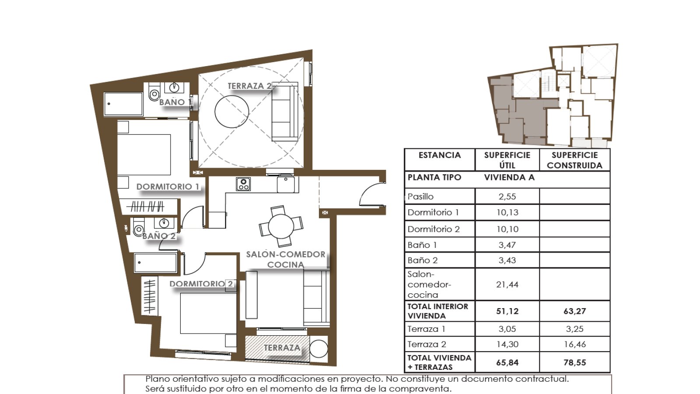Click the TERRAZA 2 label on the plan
[x=250, y=86]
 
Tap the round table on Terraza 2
[x=232, y=111]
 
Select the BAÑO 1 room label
[x=175, y=102]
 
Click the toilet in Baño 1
[x=154, y=91]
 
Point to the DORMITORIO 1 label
[x=168, y=186]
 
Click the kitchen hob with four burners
[x=243, y=184]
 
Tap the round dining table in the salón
[x=281, y=226]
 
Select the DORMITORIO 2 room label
[x=201, y=284]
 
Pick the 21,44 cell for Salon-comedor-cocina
[x=507, y=285]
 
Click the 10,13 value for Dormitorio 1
[x=507, y=213]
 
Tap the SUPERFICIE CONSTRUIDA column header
[x=575, y=160]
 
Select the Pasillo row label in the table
[x=420, y=197]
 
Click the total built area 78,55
[x=575, y=362]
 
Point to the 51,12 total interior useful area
[x=507, y=311]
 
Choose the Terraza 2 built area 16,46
[x=575, y=344]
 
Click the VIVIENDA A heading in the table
[x=509, y=177]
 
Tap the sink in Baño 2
[x=164, y=223]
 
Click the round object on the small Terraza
[x=319, y=348]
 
